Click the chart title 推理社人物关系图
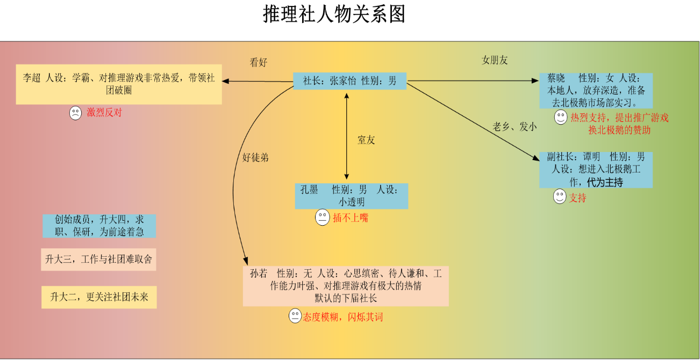pyautogui.click(x=334, y=14)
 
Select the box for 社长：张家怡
pyautogui.click(x=349, y=81)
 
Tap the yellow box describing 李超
pyautogui.click(x=119, y=84)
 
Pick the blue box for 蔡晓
pyautogui.click(x=596, y=91)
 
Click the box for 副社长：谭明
pyautogui.click(x=596, y=170)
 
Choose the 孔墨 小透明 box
pyautogui.click(x=352, y=196)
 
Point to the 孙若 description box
pyautogui.click(x=346, y=286)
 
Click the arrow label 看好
pyautogui.click(x=259, y=62)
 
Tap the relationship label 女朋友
pyautogui.click(x=495, y=60)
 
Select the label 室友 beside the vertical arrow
pyautogui.click(x=366, y=140)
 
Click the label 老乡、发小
pyautogui.click(x=515, y=126)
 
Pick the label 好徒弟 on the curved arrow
pyautogui.click(x=255, y=157)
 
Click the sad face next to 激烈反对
pyautogui.click(x=75, y=113)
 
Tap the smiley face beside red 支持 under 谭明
pyautogui.click(x=560, y=197)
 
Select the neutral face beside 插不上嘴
pyautogui.click(x=322, y=217)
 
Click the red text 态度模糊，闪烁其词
pyautogui.click(x=343, y=317)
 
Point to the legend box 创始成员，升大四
pyautogui.click(x=99, y=226)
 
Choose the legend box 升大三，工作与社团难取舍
pyautogui.click(x=98, y=260)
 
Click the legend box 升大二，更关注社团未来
pyautogui.click(x=99, y=297)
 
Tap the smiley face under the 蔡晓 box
pyautogui.click(x=561, y=117)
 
